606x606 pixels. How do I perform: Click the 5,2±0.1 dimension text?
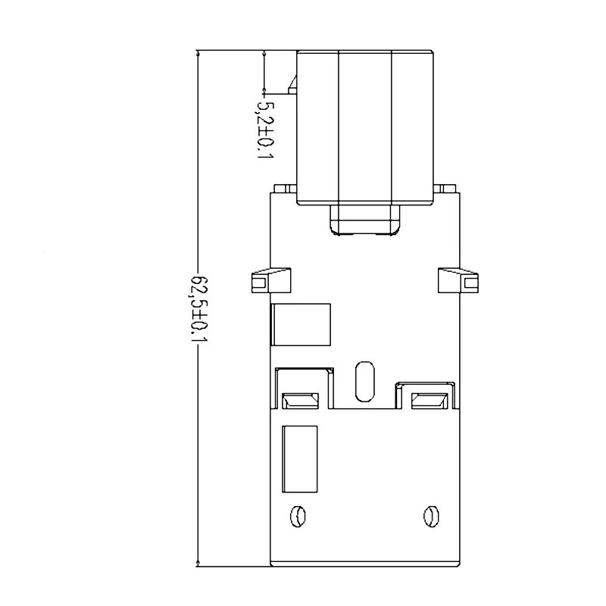click(x=264, y=130)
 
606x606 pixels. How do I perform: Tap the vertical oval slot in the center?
click(x=364, y=382)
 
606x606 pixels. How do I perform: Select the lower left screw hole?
click(x=298, y=516)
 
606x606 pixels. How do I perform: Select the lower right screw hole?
click(x=431, y=516)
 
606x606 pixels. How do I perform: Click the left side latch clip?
click(x=271, y=280)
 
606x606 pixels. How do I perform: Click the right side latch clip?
click(x=458, y=280)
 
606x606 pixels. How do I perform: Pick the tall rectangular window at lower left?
click(x=299, y=459)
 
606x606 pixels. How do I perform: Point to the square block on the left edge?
click(x=301, y=325)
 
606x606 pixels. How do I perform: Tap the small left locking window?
click(x=300, y=401)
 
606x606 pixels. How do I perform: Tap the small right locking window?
click(x=430, y=401)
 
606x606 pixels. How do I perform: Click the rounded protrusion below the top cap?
click(x=365, y=220)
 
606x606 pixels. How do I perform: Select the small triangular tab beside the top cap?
click(x=292, y=85)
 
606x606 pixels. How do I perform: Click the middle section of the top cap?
click(x=365, y=127)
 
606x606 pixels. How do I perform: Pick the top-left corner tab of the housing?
click(x=285, y=189)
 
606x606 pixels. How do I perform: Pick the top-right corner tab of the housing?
click(x=445, y=189)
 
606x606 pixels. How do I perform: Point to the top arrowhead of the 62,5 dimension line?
click(x=198, y=55)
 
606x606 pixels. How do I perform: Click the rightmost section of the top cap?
click(x=412, y=127)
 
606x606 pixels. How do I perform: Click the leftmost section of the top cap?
click(x=317, y=127)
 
